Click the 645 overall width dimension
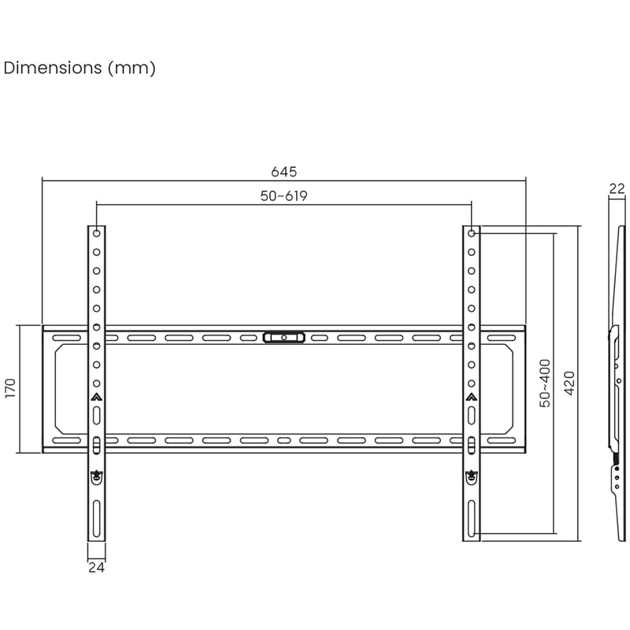click(283, 172)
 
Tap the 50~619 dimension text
click(283, 197)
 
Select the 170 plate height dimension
click(10, 389)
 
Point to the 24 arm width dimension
click(96, 566)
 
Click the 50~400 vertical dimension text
click(545, 383)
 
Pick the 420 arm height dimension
click(570, 383)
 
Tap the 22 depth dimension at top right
click(617, 188)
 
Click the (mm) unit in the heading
click(132, 68)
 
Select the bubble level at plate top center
click(283, 337)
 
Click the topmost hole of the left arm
click(96, 234)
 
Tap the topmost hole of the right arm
click(471, 234)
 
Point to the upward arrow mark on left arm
click(96, 398)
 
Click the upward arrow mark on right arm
click(471, 398)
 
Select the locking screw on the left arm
click(96, 475)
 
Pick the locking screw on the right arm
click(471, 475)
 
